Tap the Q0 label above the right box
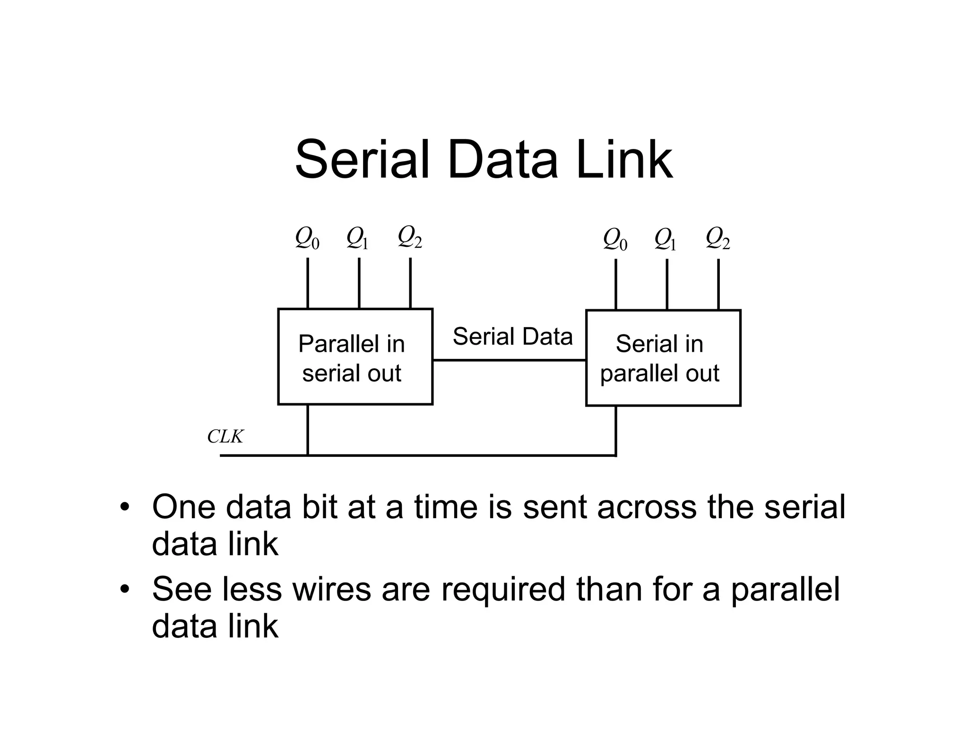(615, 239)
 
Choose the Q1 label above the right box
(665, 239)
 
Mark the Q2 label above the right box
(717, 238)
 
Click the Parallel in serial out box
(355, 357)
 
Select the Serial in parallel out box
(663, 358)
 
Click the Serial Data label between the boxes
(512, 337)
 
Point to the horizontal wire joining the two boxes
(509, 360)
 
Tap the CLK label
(225, 436)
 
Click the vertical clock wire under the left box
(308, 430)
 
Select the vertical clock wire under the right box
(616, 431)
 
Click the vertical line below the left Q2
(410, 283)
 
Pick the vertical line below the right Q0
(616, 284)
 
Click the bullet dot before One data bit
(125, 507)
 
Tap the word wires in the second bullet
(332, 589)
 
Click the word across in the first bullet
(647, 507)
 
